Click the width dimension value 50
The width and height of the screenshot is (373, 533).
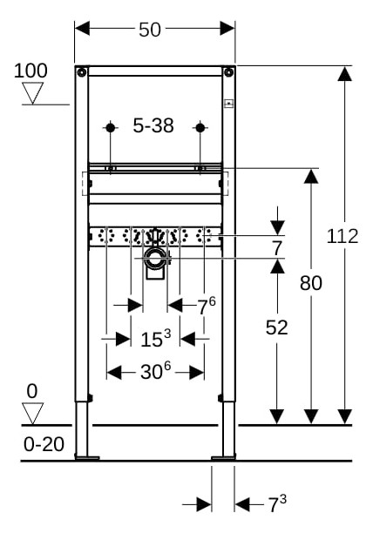point(150,30)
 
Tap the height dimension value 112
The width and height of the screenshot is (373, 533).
point(342,236)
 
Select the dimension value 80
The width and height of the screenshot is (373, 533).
point(311,283)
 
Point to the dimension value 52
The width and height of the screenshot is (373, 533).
point(277,327)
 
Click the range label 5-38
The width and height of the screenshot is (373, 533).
point(153,125)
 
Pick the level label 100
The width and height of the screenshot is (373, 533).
point(31,71)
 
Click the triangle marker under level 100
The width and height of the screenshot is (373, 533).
point(32,93)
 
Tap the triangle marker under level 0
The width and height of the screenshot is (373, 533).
point(32,414)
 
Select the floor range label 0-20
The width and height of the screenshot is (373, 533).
point(44,444)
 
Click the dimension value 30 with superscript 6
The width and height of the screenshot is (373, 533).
point(155,370)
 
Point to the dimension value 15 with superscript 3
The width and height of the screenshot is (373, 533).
point(156,338)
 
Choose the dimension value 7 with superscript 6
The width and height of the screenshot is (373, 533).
point(207,306)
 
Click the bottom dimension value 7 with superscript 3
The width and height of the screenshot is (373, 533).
point(277,503)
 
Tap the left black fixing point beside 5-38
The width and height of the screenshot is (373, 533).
point(110,128)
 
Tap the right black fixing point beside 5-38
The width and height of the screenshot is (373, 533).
point(200,128)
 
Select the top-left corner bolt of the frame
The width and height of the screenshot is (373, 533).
point(82,72)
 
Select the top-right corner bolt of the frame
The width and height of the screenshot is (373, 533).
point(229,72)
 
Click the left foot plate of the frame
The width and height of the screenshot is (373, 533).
point(87,458)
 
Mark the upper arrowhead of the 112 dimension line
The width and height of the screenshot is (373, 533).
point(345,73)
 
